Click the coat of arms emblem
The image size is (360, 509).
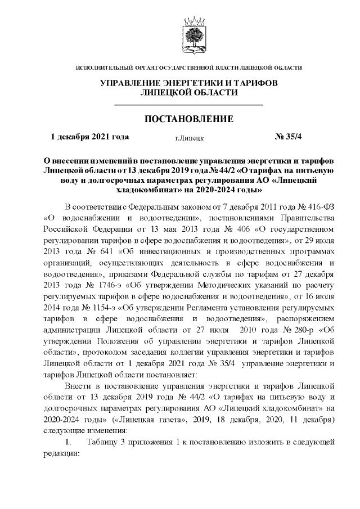(x=189, y=34)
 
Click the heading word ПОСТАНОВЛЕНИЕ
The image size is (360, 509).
(x=188, y=119)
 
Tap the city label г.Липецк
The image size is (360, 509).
(x=189, y=137)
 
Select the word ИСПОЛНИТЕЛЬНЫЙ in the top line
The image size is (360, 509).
(x=100, y=67)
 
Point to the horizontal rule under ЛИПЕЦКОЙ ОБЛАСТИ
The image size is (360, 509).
(x=188, y=105)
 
